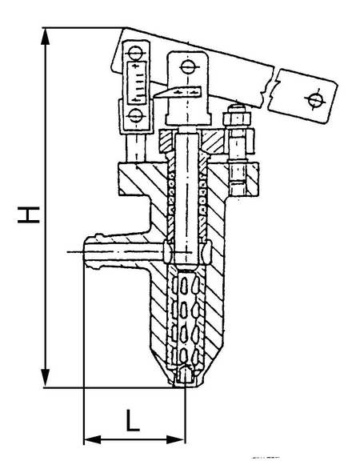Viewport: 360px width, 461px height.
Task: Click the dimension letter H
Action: (x=29, y=215)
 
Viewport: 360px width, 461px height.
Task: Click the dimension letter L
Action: (x=133, y=420)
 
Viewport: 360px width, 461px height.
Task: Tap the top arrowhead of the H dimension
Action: (x=45, y=37)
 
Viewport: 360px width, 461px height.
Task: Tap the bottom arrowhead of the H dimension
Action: (x=45, y=378)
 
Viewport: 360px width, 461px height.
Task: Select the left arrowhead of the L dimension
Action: (x=93, y=440)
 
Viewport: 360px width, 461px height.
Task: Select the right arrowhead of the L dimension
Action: (x=176, y=440)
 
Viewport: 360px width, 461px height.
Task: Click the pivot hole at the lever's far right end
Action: (x=314, y=99)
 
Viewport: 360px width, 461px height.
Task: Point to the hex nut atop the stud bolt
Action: (x=237, y=118)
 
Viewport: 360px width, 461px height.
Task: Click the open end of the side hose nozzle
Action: (x=85, y=251)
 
